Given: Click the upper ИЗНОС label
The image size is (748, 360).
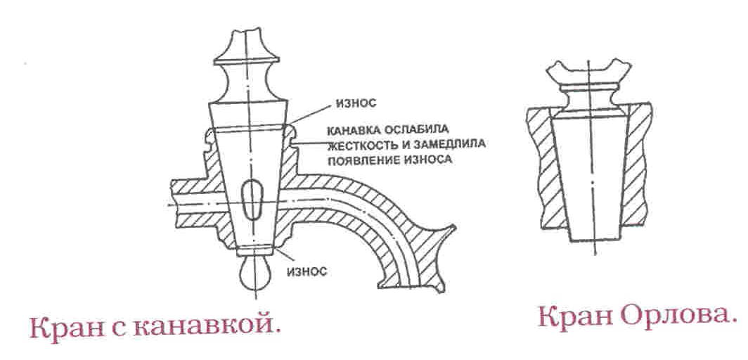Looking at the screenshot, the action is click(x=355, y=102).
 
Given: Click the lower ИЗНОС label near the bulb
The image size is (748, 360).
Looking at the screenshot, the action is click(x=307, y=272).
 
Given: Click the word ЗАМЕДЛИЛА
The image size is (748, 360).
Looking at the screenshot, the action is click(x=451, y=144).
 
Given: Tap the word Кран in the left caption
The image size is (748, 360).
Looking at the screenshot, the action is click(x=62, y=330).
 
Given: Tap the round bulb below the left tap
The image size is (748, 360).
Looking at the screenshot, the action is click(x=254, y=274).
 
